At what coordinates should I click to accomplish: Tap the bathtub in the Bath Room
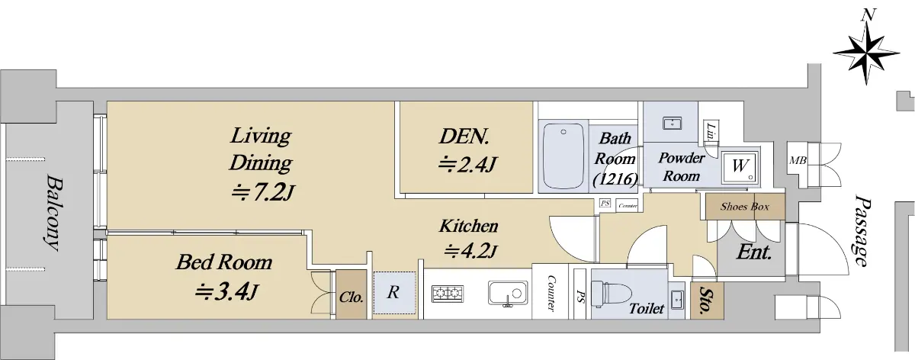click(563, 156)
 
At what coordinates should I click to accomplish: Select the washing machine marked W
click(740, 166)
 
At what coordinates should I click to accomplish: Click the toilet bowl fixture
click(611, 293)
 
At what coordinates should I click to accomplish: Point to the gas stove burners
click(447, 294)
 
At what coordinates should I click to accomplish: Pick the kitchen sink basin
click(508, 293)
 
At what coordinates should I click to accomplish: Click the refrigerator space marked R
click(393, 293)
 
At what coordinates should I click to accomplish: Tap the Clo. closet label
click(352, 297)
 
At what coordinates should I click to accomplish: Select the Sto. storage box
click(707, 301)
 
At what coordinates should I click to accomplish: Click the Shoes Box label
click(745, 207)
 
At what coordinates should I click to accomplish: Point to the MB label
click(798, 161)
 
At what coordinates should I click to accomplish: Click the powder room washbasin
click(672, 123)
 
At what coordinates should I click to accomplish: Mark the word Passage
click(862, 231)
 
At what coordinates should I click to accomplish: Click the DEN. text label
click(464, 137)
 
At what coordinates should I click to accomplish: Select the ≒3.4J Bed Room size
click(226, 292)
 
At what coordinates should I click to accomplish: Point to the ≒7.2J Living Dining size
click(262, 193)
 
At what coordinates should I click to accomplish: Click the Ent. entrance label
click(754, 252)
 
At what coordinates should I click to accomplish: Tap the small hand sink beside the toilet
click(678, 299)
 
